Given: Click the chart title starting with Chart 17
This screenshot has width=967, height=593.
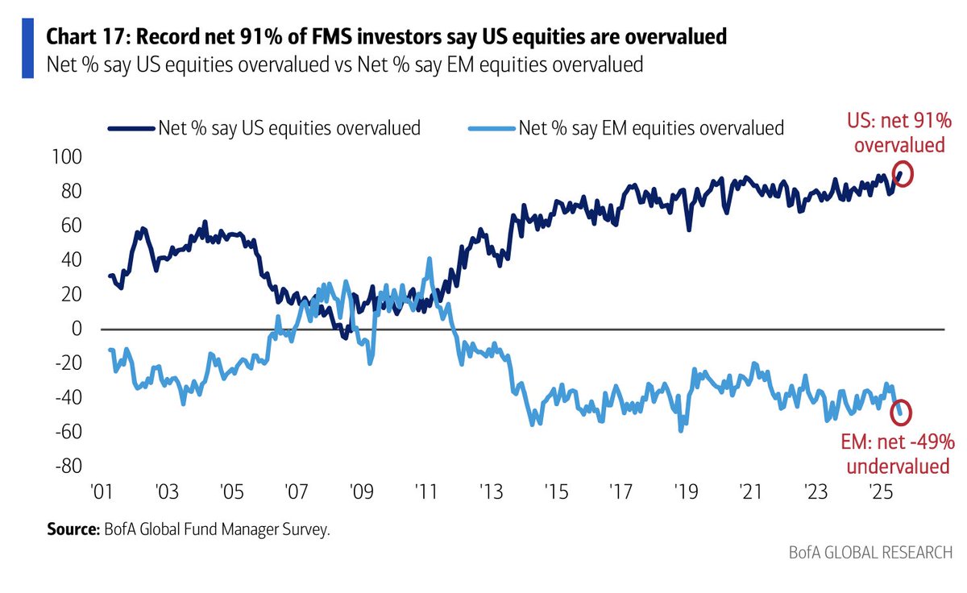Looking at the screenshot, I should [x=387, y=36].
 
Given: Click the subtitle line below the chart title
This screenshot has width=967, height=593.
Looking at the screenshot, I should [x=345, y=64].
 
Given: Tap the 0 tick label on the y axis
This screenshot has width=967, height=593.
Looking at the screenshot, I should [x=77, y=330].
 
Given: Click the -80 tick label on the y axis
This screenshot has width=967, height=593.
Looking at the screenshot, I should [x=71, y=467].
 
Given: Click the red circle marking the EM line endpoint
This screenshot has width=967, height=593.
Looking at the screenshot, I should [x=903, y=412].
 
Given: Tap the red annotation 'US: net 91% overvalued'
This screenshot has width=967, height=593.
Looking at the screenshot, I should [x=899, y=134].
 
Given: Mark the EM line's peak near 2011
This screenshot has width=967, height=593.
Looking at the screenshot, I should [x=430, y=259].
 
